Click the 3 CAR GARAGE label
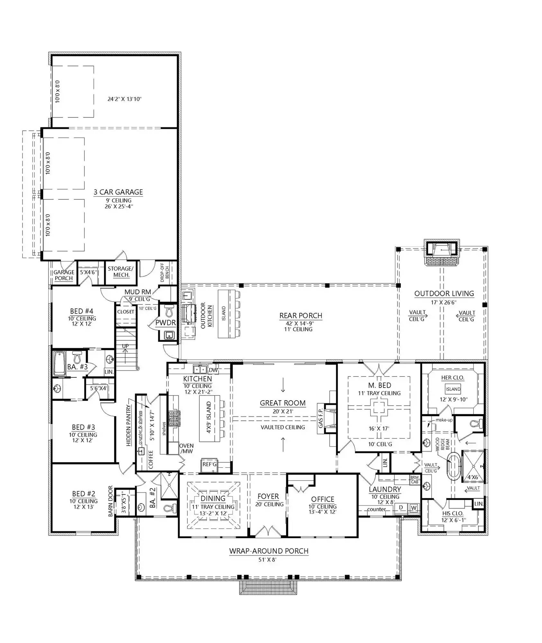[118, 192]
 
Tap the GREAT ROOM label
[283, 403]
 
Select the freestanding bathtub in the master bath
[454, 466]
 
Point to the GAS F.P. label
[320, 418]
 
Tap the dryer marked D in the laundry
[401, 508]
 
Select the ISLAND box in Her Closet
[453, 389]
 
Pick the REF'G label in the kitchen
[210, 464]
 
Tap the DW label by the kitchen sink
[213, 370]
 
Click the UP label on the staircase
[125, 346]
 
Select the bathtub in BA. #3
[60, 364]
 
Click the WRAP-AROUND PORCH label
[269, 551]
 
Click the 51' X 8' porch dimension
[267, 560]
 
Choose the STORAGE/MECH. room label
[121, 272]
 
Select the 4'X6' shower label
[473, 477]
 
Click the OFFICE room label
[322, 499]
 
